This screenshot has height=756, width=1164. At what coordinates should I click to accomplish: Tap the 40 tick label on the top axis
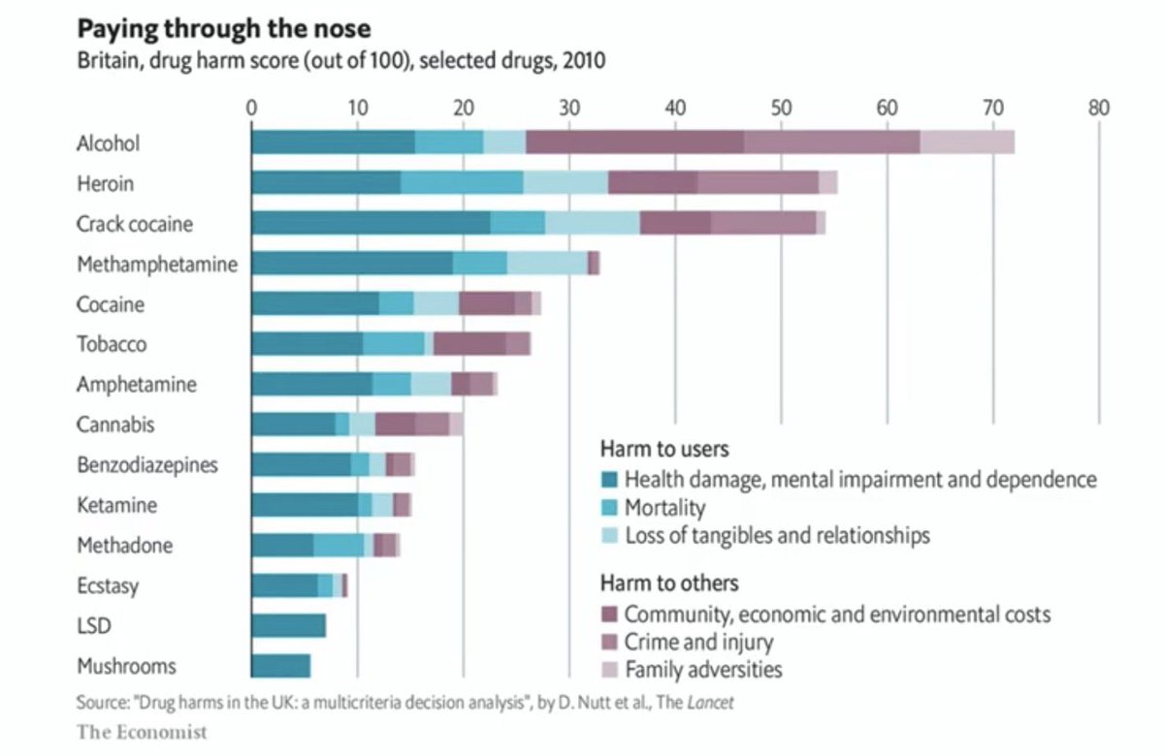[675, 107]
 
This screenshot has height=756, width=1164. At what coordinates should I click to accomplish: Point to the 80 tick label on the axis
[1098, 107]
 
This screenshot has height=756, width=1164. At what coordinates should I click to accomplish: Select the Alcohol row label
[109, 143]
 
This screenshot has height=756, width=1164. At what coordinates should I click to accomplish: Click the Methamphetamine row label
[157, 264]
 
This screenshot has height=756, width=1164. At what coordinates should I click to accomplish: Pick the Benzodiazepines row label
[147, 465]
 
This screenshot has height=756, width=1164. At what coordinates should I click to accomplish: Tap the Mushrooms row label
[126, 667]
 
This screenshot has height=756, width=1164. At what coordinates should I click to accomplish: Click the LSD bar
[288, 626]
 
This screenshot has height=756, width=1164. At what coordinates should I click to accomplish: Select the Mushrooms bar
[280, 667]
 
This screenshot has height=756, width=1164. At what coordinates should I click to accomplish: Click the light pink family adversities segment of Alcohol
[967, 142]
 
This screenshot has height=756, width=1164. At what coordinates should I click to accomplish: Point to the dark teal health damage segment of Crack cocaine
[371, 223]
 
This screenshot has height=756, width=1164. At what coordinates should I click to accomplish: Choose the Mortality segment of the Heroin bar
[462, 183]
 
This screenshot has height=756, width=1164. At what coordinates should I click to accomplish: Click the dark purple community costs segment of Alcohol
[634, 142]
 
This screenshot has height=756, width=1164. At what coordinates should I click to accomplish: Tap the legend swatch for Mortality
[609, 508]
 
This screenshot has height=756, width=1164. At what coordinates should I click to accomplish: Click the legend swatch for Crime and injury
[609, 642]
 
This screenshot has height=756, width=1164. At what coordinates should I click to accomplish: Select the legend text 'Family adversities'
[703, 670]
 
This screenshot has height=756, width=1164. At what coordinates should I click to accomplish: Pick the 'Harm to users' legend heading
[664, 450]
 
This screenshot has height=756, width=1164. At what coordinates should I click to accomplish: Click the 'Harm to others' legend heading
[669, 583]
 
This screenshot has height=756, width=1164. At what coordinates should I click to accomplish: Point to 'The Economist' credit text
[142, 732]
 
